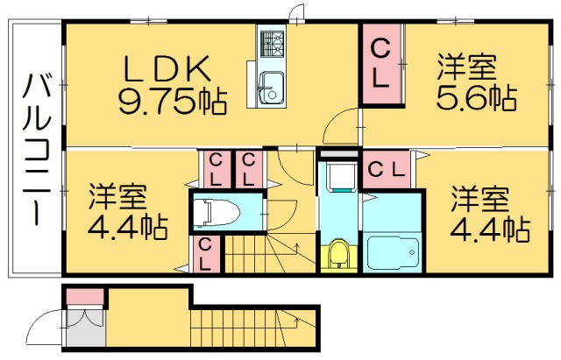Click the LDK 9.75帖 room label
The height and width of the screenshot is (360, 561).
point(171,83)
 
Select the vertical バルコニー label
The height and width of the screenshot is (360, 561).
point(35,150)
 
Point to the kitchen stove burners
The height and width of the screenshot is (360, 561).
point(271,42)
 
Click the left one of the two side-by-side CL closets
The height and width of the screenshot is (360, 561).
point(215,169)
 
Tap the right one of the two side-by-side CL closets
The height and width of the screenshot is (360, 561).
point(248,169)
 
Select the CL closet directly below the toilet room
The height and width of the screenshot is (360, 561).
point(206,252)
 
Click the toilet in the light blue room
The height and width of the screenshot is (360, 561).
point(215,212)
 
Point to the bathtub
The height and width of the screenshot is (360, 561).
point(393,252)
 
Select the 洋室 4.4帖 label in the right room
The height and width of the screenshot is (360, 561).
point(486,215)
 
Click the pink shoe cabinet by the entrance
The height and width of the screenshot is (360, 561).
point(84,297)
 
